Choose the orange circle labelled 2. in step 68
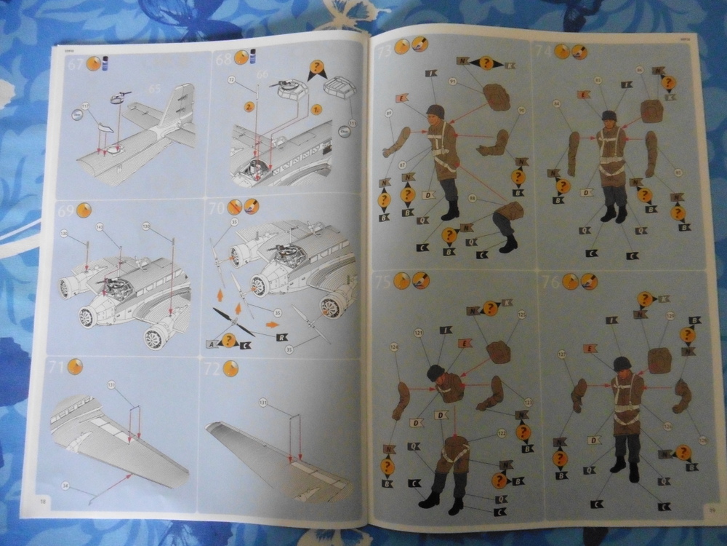[248, 106]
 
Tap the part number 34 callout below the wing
[68, 484]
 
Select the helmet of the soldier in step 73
[435, 112]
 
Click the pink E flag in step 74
[583, 94]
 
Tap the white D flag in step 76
[593, 440]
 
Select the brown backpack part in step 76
[659, 360]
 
